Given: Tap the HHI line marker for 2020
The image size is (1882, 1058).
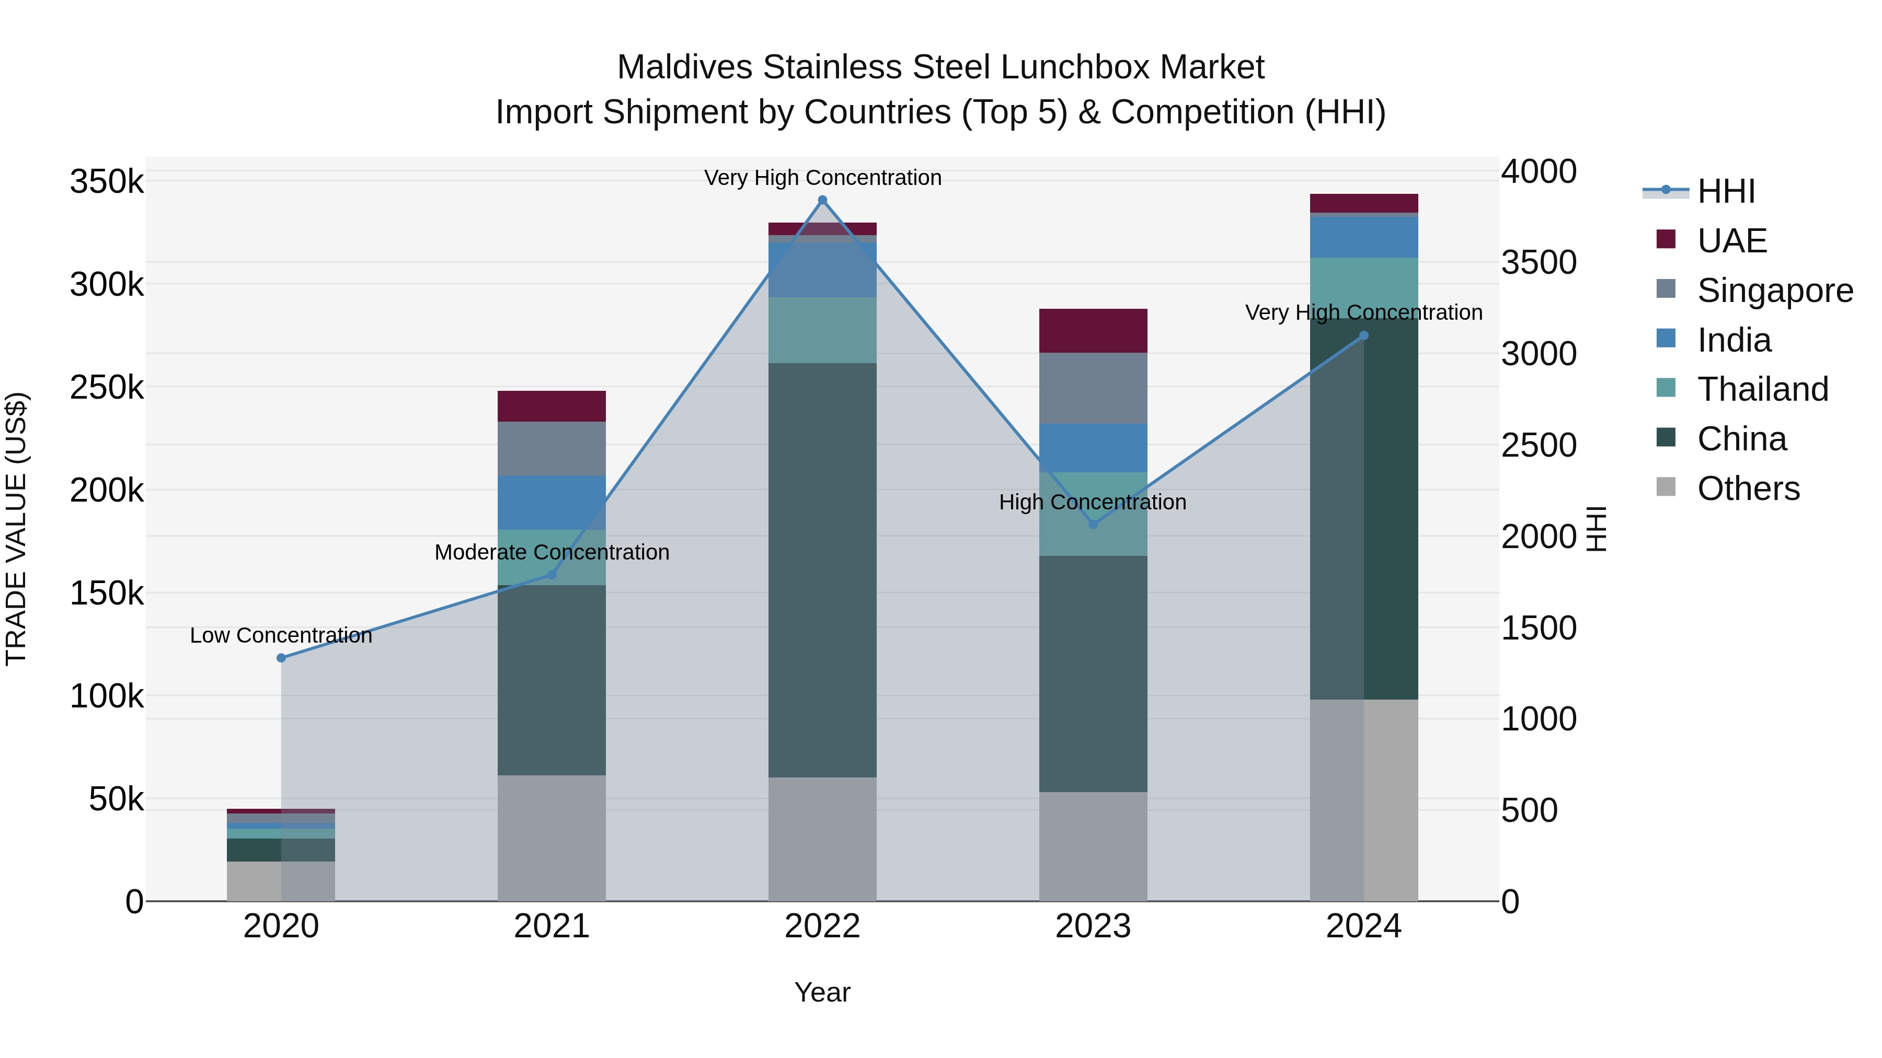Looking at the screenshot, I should click(x=281, y=658).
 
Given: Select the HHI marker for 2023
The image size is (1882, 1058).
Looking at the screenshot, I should click(x=1093, y=524).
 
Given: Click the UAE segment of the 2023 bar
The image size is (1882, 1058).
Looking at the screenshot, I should click(x=1093, y=331).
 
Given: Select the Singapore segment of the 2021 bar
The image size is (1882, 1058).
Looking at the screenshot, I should click(x=552, y=448).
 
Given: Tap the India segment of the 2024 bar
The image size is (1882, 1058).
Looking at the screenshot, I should click(x=1363, y=237).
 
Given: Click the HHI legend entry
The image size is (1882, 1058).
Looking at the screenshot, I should click(x=1725, y=191).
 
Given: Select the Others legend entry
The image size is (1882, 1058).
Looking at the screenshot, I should click(x=1748, y=489).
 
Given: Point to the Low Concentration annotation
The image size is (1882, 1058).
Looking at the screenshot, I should click(x=281, y=635).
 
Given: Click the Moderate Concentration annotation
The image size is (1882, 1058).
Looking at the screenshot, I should click(x=552, y=552).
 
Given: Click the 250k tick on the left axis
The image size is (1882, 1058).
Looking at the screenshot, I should click(x=107, y=387).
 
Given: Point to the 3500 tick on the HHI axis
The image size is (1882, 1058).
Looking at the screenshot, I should click(x=1539, y=263).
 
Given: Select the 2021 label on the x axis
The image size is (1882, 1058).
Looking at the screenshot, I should click(x=552, y=926).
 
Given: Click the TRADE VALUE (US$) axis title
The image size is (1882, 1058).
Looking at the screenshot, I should click(x=16, y=529).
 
